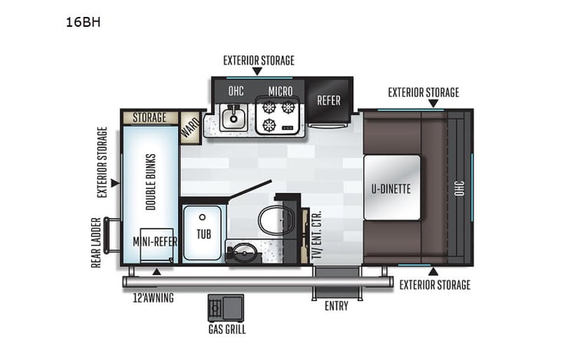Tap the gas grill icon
(225, 308)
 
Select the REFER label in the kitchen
(328, 100)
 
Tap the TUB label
(203, 233)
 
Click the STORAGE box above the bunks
(150, 117)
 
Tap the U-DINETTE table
(391, 187)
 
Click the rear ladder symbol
(112, 236)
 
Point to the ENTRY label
(336, 306)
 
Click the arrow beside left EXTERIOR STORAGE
(114, 183)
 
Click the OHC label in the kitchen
(236, 91)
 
